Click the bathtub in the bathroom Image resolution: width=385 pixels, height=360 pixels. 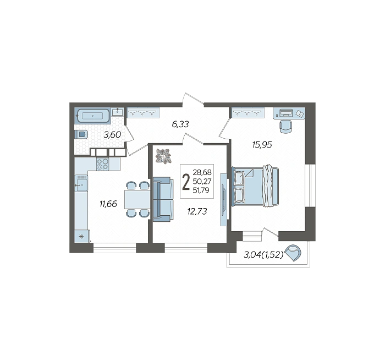pos(93,116)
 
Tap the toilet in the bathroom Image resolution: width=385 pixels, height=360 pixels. pos(81,135)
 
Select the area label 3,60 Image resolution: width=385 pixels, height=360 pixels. pos(112,135)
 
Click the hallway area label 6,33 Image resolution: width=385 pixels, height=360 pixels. pos(180,124)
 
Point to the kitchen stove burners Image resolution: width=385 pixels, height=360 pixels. pos(103,164)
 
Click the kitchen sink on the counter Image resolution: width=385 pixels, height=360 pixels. pos(81,183)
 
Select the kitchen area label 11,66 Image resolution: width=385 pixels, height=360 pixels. pos(108,204)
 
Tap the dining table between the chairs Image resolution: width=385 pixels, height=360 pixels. pos(137,199)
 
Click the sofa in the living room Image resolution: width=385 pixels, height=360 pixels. pos(163,199)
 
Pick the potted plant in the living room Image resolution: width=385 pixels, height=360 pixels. pos(163,156)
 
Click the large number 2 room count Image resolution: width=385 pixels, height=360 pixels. pos(186,182)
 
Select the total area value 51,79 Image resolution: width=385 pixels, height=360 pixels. pos(201,190)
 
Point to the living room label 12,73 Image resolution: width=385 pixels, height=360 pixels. pos(197,211)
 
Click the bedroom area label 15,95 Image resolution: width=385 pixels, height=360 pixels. pos(262,145)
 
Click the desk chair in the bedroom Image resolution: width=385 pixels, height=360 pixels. pos(286,127)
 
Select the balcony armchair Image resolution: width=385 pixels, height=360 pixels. pos(294,253)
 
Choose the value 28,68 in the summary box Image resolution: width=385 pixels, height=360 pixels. pos(202,172)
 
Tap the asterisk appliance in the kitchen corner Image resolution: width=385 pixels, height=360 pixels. pos(81,237)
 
